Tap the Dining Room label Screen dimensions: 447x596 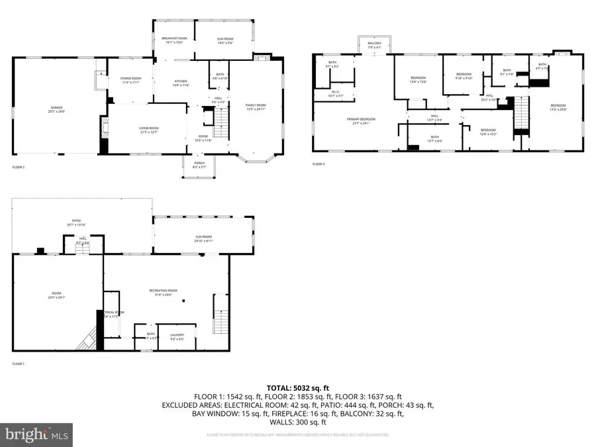pos(130,80)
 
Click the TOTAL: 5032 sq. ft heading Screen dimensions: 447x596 pos(297,387)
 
